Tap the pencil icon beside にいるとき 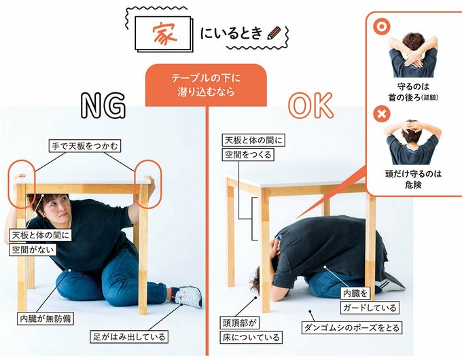point(274,33)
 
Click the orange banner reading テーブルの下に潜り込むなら point(206,85)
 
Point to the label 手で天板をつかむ point(84,145)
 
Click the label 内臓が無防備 point(46,317)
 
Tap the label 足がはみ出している point(128,336)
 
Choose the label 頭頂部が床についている point(251,329)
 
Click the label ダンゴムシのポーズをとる point(352,328)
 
